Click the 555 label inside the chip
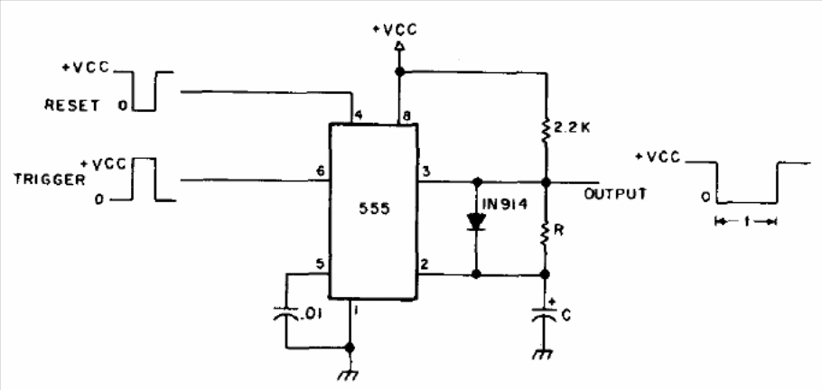click(374, 209)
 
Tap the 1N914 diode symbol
click(476, 222)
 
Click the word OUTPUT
click(615, 193)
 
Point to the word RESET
click(72, 106)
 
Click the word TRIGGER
click(50, 180)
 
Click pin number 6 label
click(320, 171)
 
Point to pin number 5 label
click(320, 263)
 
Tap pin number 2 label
click(425, 264)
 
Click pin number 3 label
click(425, 172)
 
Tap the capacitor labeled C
click(546, 315)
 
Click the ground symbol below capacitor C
click(544, 356)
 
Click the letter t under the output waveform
click(746, 222)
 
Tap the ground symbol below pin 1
click(350, 375)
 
